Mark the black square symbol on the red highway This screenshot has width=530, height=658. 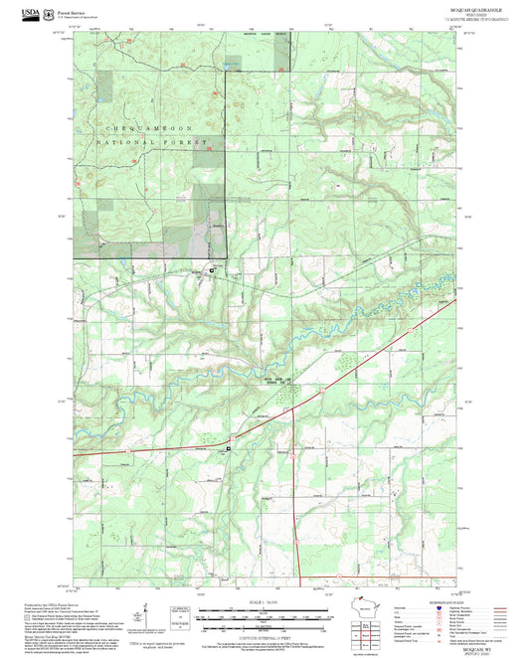coord(229,449)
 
